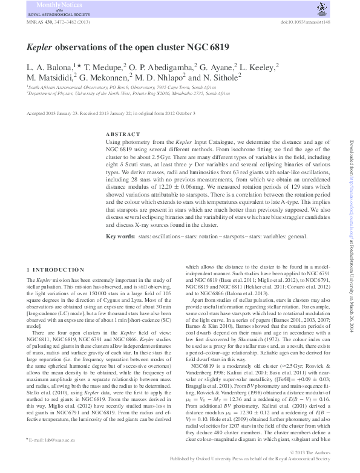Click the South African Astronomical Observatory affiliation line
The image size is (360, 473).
pyautogui.click(x=120, y=87)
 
